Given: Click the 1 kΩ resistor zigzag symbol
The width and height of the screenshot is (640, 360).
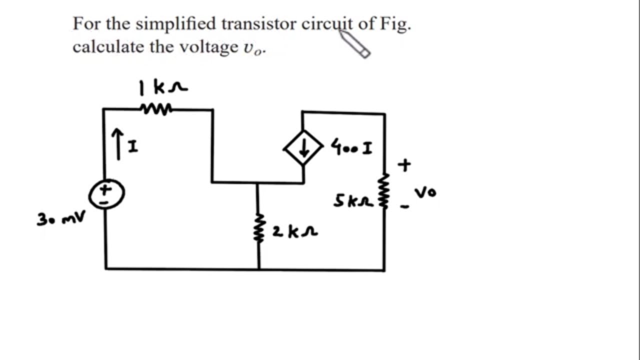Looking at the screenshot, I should coord(156,108).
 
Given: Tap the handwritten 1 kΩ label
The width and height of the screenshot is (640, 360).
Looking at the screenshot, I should coord(163,88).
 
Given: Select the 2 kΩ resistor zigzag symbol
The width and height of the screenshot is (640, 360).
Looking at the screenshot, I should coord(258,228).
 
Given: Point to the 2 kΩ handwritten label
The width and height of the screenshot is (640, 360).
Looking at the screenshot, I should coord(295,231).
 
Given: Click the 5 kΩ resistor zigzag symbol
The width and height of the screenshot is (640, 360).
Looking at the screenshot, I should coord(384,190).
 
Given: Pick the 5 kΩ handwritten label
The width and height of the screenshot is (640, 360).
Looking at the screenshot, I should coord(353,201).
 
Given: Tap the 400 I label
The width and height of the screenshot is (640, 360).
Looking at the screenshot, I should coord(351,148).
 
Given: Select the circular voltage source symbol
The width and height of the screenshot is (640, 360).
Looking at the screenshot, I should coord(106,194).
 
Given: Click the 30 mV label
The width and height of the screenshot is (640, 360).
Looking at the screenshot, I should coord(60,218).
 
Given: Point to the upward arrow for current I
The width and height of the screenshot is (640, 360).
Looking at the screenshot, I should coord(117,144).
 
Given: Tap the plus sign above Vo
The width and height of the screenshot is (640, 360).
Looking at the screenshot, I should coord(404,165).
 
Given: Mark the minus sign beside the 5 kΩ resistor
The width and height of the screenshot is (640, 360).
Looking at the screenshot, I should coord(404,206).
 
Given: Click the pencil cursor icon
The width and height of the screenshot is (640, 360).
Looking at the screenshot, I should coord(355,43).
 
